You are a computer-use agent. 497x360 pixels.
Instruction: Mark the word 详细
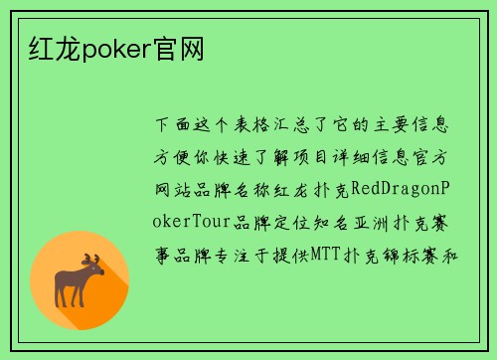372,157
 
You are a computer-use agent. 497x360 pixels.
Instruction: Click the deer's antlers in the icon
92,262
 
